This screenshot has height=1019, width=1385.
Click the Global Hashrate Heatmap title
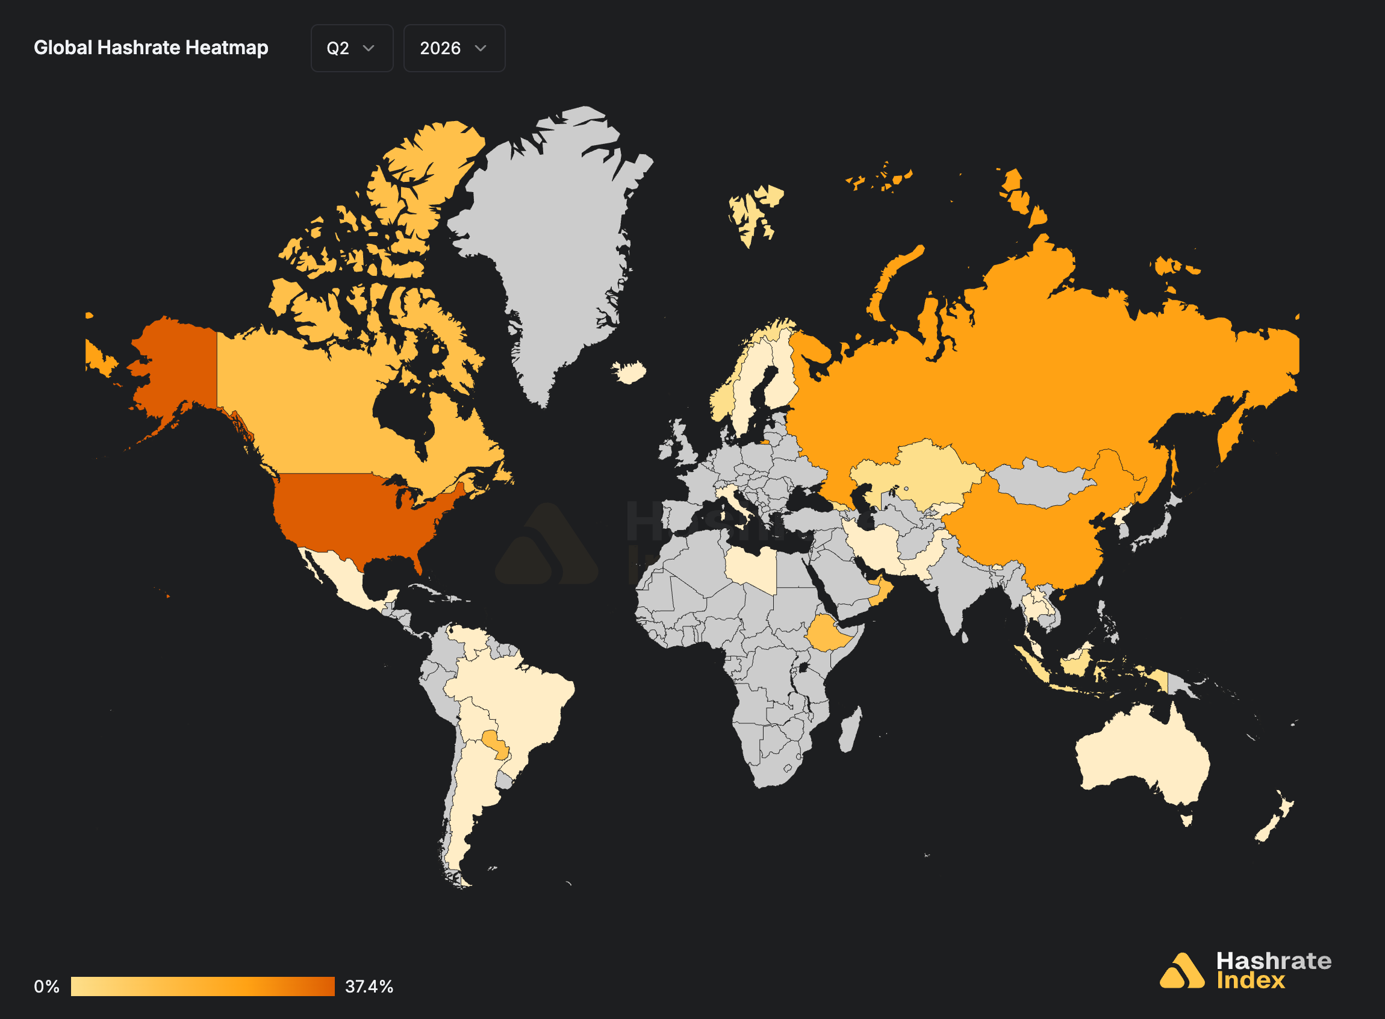[x=151, y=48]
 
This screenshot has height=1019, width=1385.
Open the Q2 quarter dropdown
[x=352, y=48]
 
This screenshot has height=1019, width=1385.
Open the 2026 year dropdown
[x=454, y=48]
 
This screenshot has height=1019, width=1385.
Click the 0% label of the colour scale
[x=46, y=986]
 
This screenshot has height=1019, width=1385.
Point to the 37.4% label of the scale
[x=369, y=986]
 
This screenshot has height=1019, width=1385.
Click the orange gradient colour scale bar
[x=202, y=986]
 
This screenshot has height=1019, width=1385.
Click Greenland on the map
[x=549, y=247]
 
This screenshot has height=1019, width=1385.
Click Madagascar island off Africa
[x=850, y=731]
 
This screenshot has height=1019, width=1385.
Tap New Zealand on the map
[x=1277, y=817]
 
